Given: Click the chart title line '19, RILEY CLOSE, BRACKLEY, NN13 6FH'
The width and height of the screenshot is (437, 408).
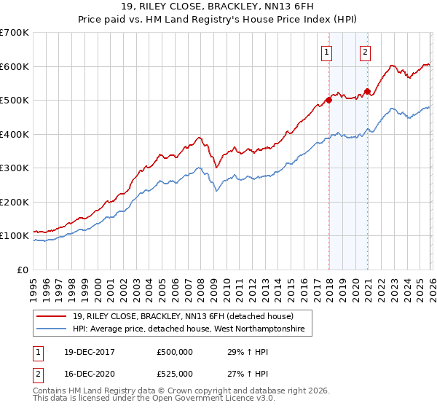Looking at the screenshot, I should tap(218, 7).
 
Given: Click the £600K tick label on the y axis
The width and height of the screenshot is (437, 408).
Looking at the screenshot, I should tap(15, 66).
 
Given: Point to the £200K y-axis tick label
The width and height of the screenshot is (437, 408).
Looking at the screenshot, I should tap(15, 202).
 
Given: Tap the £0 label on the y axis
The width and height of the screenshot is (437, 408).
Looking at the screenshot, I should tap(22, 270).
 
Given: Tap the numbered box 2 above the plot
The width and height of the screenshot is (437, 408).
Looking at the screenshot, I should tap(364, 52).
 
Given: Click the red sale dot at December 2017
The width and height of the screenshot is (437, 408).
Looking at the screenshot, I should tap(328, 101).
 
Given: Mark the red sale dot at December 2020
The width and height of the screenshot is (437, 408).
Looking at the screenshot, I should tap(367, 92).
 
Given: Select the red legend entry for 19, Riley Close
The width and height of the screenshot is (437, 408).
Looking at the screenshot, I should tap(182, 317).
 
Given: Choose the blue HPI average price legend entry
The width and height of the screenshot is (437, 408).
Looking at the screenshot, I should tap(192, 330).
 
